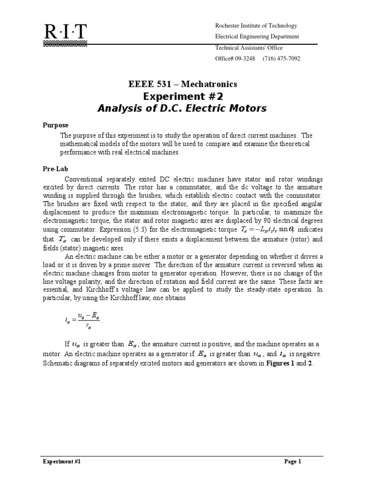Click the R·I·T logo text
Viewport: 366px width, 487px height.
tap(65, 32)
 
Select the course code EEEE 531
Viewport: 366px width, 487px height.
tap(151, 84)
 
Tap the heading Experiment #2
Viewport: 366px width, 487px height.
tap(183, 97)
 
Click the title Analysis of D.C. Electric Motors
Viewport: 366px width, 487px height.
tap(183, 109)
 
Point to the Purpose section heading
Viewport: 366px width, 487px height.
tap(53, 125)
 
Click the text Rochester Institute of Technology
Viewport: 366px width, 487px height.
tap(256, 26)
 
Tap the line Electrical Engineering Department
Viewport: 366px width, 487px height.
tap(257, 37)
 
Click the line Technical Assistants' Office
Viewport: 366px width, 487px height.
tap(249, 48)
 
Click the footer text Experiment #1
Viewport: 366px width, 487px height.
tap(61, 461)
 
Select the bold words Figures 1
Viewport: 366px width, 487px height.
tap(276, 363)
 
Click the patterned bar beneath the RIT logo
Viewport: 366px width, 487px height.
tap(65, 44)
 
